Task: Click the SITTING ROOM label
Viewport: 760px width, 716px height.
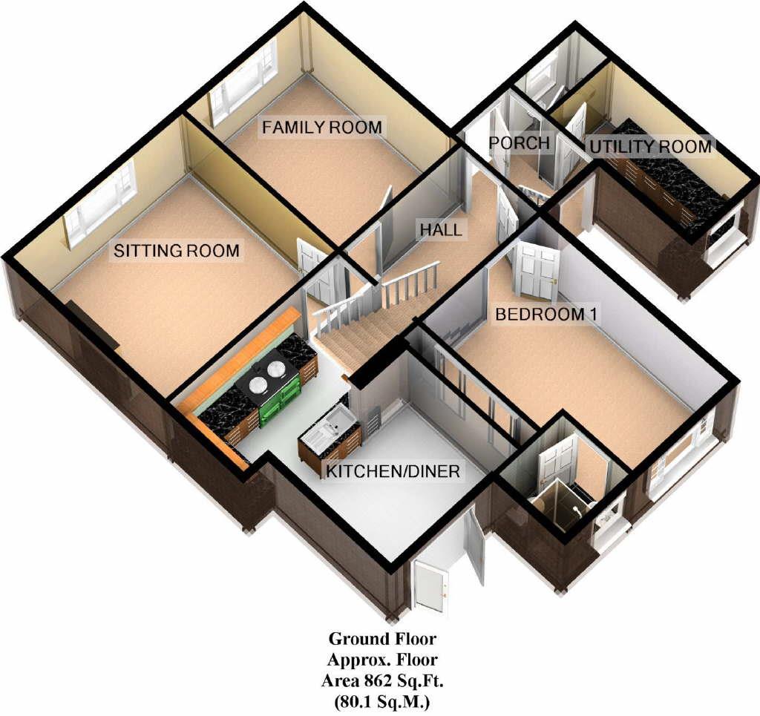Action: click(176, 251)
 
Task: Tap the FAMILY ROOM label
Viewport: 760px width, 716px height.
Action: click(321, 127)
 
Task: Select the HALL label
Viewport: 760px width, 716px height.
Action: click(440, 229)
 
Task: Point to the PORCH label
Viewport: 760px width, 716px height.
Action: click(520, 142)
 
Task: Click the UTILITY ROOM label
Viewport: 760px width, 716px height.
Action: click(650, 146)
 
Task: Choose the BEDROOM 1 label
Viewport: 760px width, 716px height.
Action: click(546, 314)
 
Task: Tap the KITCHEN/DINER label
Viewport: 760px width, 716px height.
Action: click(391, 471)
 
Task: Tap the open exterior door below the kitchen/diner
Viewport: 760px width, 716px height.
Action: click(430, 586)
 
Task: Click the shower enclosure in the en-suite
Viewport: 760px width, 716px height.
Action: click(561, 505)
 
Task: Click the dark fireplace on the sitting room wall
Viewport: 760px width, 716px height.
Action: click(93, 323)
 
